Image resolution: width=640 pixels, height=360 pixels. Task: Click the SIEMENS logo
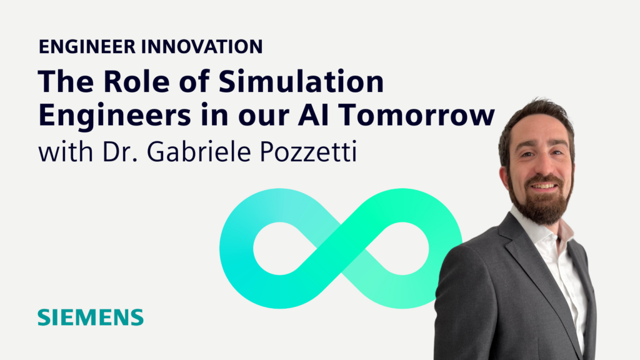tap(90, 317)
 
